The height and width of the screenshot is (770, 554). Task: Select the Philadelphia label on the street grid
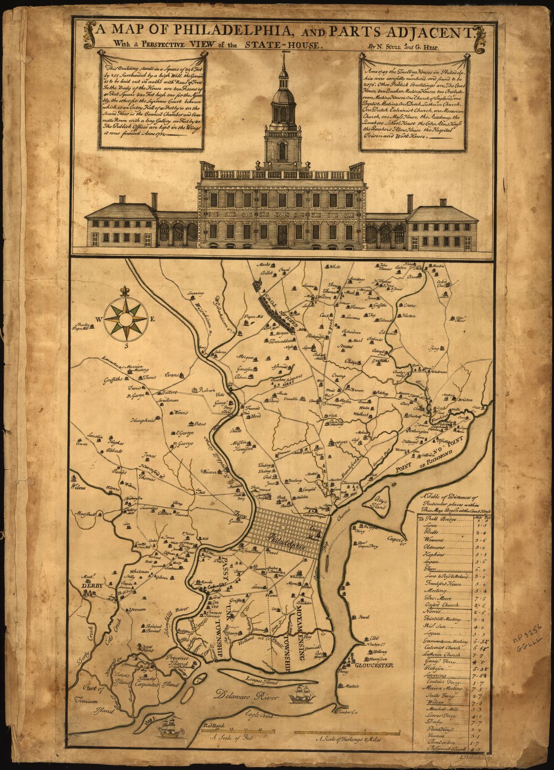(x=288, y=542)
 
